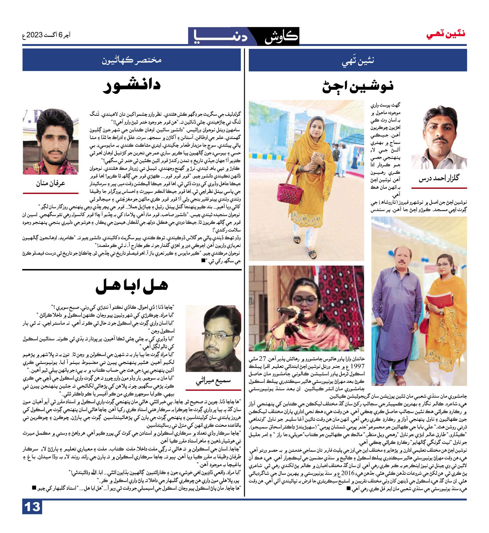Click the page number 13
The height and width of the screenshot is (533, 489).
(32, 507)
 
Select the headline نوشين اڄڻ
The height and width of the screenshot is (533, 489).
(358, 86)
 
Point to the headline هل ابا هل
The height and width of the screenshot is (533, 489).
(132, 286)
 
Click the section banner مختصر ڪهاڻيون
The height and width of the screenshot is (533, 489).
(132, 60)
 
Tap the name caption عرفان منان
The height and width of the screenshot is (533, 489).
(51, 183)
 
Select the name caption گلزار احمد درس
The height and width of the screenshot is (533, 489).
(438, 178)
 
